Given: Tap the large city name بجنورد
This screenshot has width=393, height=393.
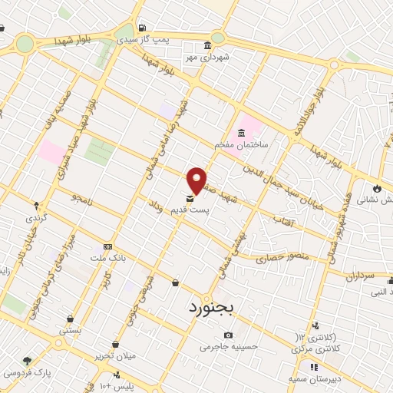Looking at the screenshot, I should coord(221,308).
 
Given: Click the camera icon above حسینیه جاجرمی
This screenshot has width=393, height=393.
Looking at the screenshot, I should coord(228,335).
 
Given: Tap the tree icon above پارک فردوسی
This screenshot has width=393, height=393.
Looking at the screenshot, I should coord(28,361).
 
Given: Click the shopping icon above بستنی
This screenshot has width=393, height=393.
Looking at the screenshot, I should coord(71,319).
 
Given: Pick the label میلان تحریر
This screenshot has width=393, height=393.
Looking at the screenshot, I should coord(116,355).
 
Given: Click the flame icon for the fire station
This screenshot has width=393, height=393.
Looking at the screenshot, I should coord(376,188).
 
